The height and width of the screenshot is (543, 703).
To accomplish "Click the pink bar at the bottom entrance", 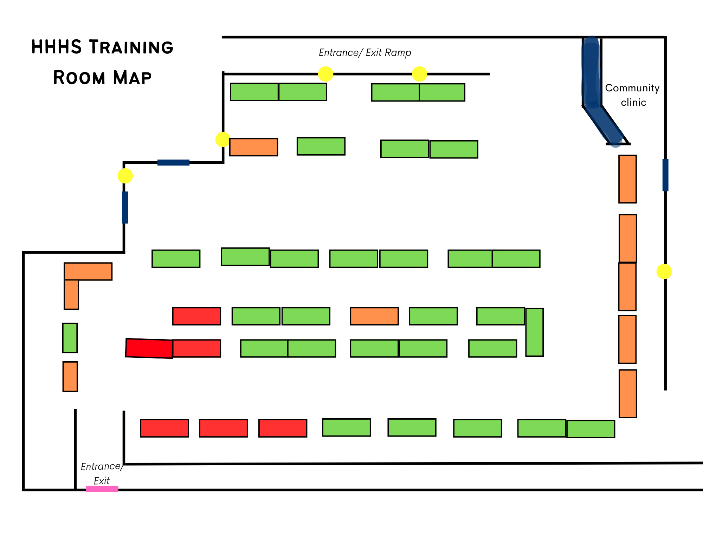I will pos(102,489).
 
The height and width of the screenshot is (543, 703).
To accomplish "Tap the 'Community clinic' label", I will pos(632,95).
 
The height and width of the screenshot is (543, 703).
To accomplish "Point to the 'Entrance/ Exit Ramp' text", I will pos(365,53).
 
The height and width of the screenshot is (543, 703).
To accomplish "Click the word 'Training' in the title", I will pos(131,47).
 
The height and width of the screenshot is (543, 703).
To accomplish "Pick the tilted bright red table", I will pos(149,348).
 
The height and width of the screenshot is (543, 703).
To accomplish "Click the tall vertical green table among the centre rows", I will pos(534,332).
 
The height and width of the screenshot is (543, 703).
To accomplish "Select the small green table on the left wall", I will pos(70,338).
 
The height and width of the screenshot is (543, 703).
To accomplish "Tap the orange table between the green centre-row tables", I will pos(374,316).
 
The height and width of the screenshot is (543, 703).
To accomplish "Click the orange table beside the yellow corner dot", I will pos(253,147).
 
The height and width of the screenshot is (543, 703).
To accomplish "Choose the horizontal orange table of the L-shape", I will pos(88,271).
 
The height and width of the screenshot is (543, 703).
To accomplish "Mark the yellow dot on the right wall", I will pos(664,271).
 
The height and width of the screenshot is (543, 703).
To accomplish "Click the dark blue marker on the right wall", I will pos(665,175).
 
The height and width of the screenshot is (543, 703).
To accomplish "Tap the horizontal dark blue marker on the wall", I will pos(173,162).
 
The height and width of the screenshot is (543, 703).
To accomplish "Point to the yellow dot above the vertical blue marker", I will pos(125,176).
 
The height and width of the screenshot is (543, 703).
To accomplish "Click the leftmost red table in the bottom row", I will pos(164,428).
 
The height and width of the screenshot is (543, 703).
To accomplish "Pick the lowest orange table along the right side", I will pos(627,394).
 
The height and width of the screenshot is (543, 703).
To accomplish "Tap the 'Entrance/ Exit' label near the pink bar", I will pos(102,473).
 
